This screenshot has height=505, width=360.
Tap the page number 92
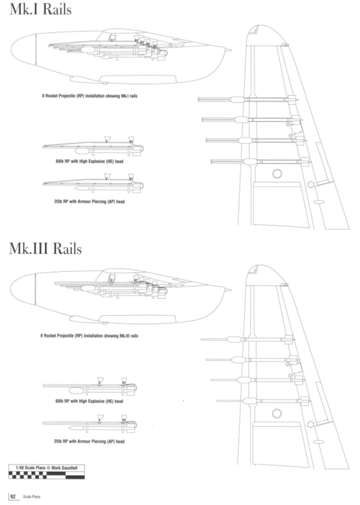point(12,497)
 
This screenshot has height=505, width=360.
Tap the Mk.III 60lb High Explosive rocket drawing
point(91,386)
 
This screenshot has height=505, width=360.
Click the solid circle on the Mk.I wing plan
point(276,174)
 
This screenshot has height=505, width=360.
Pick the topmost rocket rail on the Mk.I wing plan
point(249,99)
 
